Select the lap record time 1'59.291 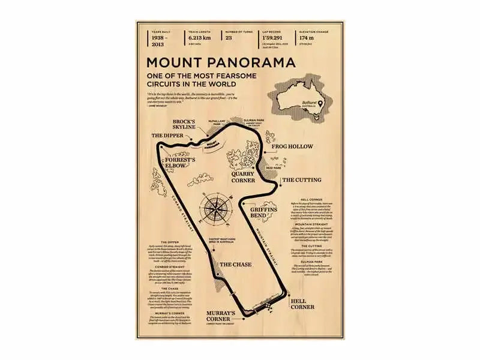(274, 38)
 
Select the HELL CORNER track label (302, 304)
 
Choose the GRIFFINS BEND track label (264, 211)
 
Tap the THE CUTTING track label (301, 179)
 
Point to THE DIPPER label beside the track (166, 136)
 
